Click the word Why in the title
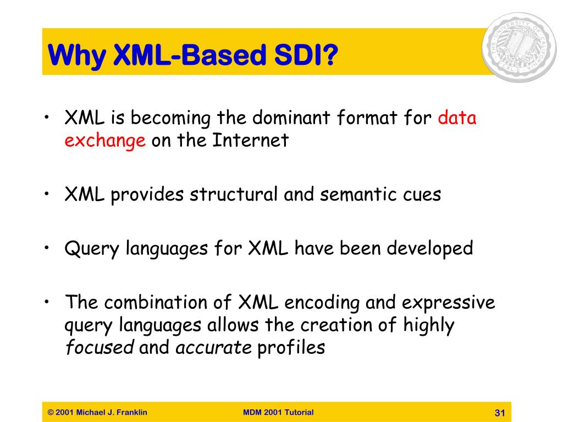[x=76, y=55]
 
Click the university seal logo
[x=519, y=47]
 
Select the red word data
[x=457, y=118]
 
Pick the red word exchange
[x=105, y=141]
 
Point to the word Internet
[x=250, y=140]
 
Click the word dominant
[x=291, y=118]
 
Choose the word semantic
[x=358, y=195]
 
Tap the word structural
[x=233, y=194]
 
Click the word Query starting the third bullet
[x=92, y=249]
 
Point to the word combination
[x=156, y=302]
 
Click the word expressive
[x=448, y=303]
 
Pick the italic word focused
[x=100, y=347]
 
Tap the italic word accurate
[x=213, y=348]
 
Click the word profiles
[x=291, y=348]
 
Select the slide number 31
[x=500, y=413]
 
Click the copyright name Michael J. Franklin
[x=112, y=412]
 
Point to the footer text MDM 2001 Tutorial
[x=278, y=412]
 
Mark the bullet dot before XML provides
[x=47, y=194]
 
